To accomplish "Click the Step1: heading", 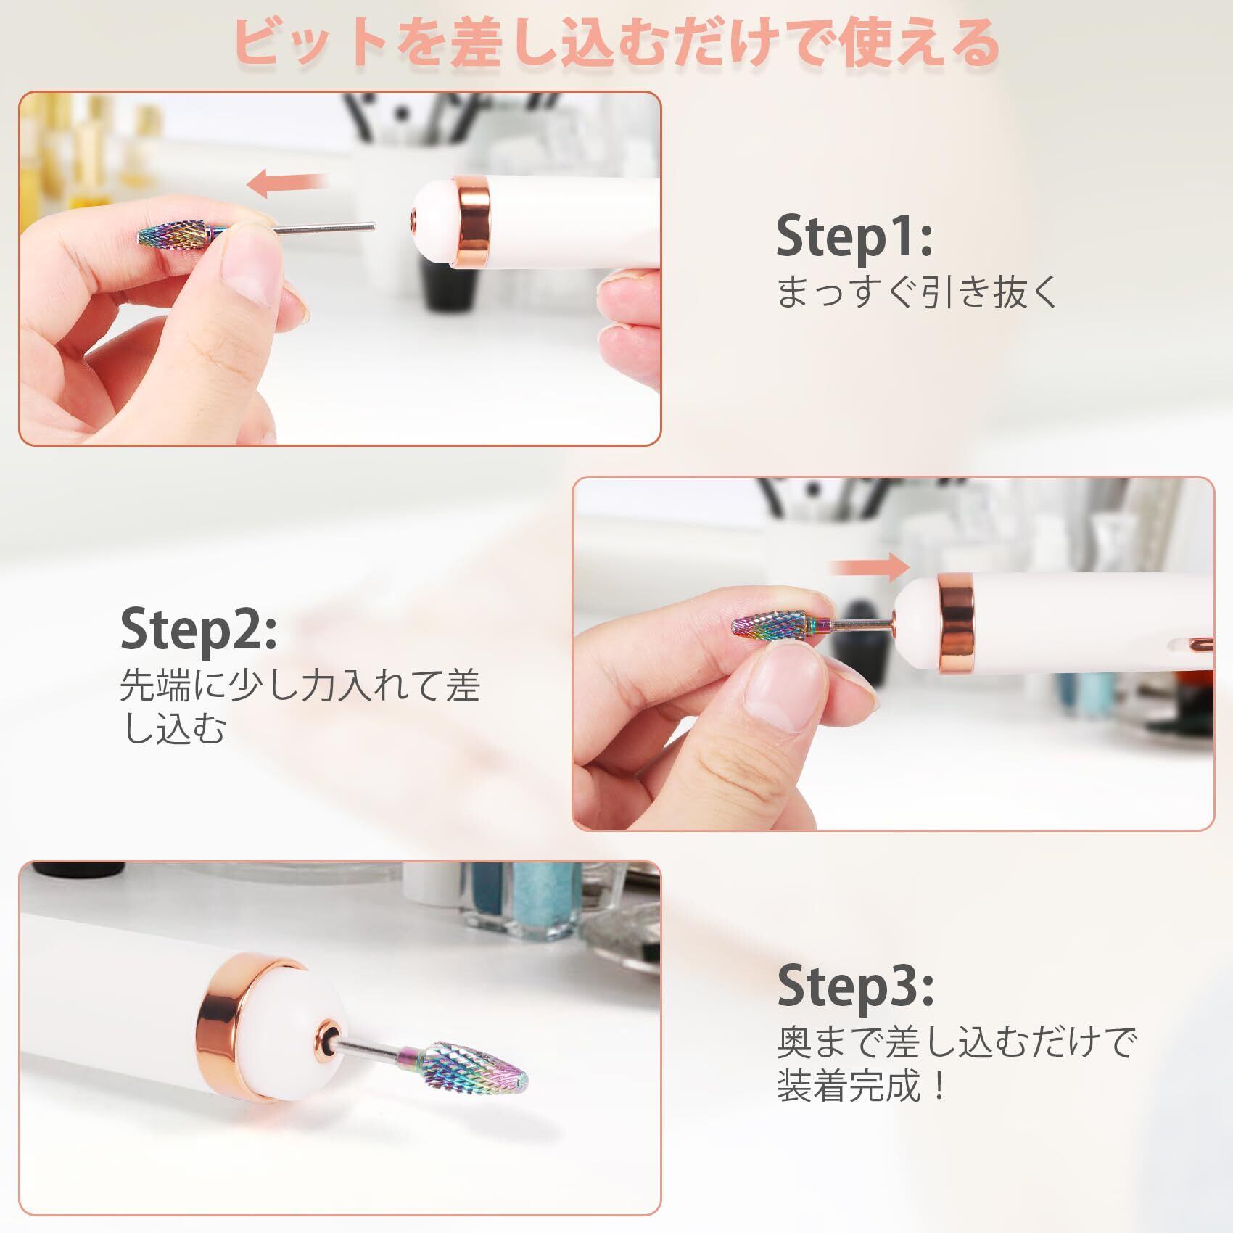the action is point(854,236).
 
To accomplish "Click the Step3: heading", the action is point(856,985).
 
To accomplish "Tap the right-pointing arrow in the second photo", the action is point(868,566).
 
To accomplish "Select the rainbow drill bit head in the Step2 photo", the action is point(770,623).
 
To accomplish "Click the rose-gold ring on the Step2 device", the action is point(955,622).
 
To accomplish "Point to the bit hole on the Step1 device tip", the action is point(413,215).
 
